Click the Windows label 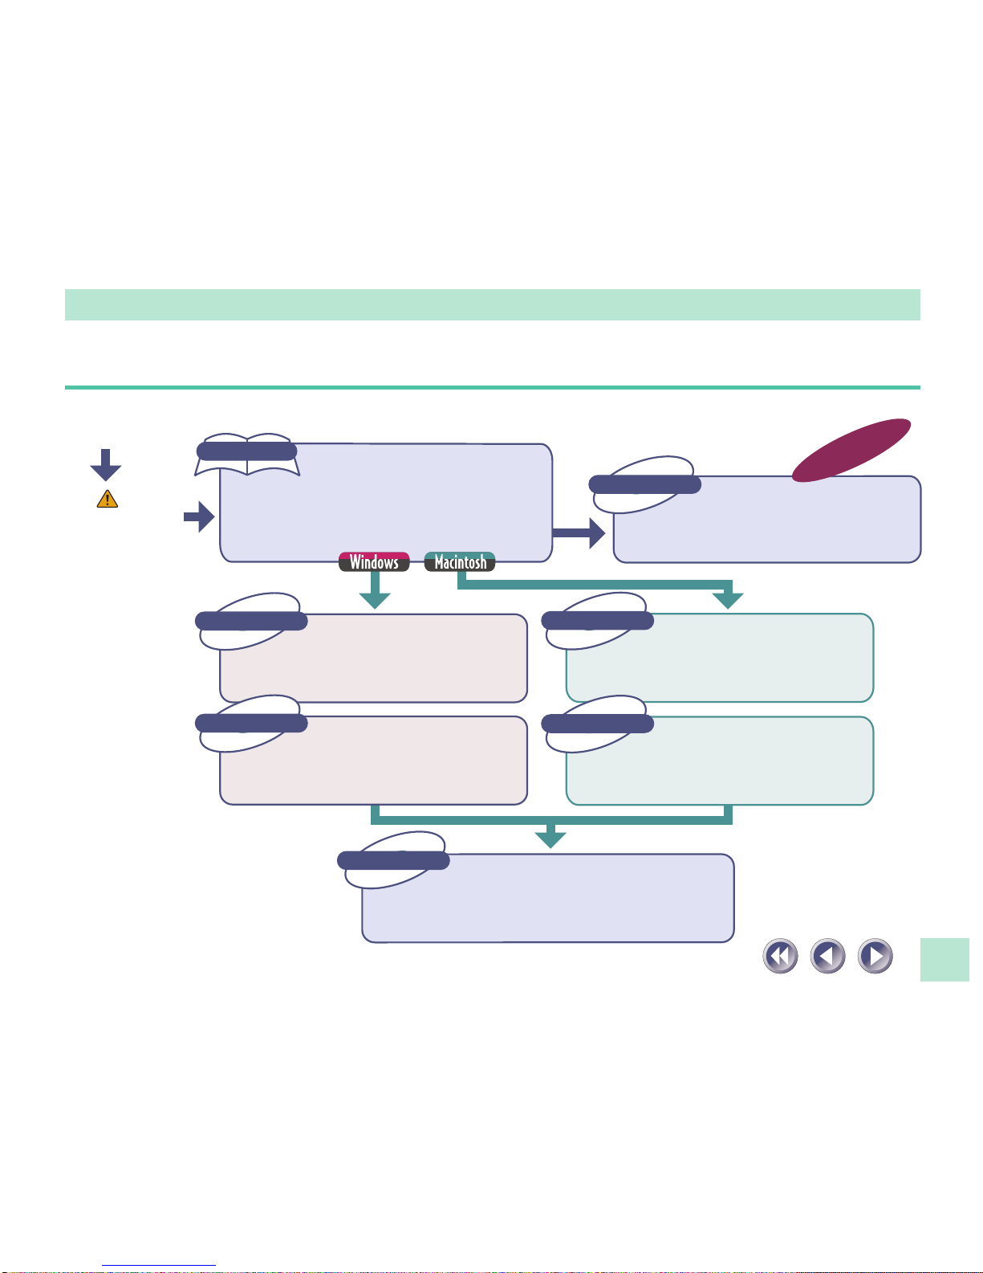(374, 562)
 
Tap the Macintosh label (460, 562)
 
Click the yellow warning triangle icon (108, 499)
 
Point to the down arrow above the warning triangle (105, 465)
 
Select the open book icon (247, 455)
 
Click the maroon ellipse (851, 451)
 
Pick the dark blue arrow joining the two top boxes (579, 533)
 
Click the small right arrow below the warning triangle (199, 516)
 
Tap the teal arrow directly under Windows (375, 590)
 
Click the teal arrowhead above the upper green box (728, 601)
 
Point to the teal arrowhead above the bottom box (550, 839)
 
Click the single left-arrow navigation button (828, 956)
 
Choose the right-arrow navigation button (875, 956)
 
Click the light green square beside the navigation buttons (944, 959)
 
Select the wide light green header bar (492, 304)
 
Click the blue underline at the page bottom (159, 1266)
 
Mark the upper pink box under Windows (373, 658)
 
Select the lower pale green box (720, 761)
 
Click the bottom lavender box (547, 898)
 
